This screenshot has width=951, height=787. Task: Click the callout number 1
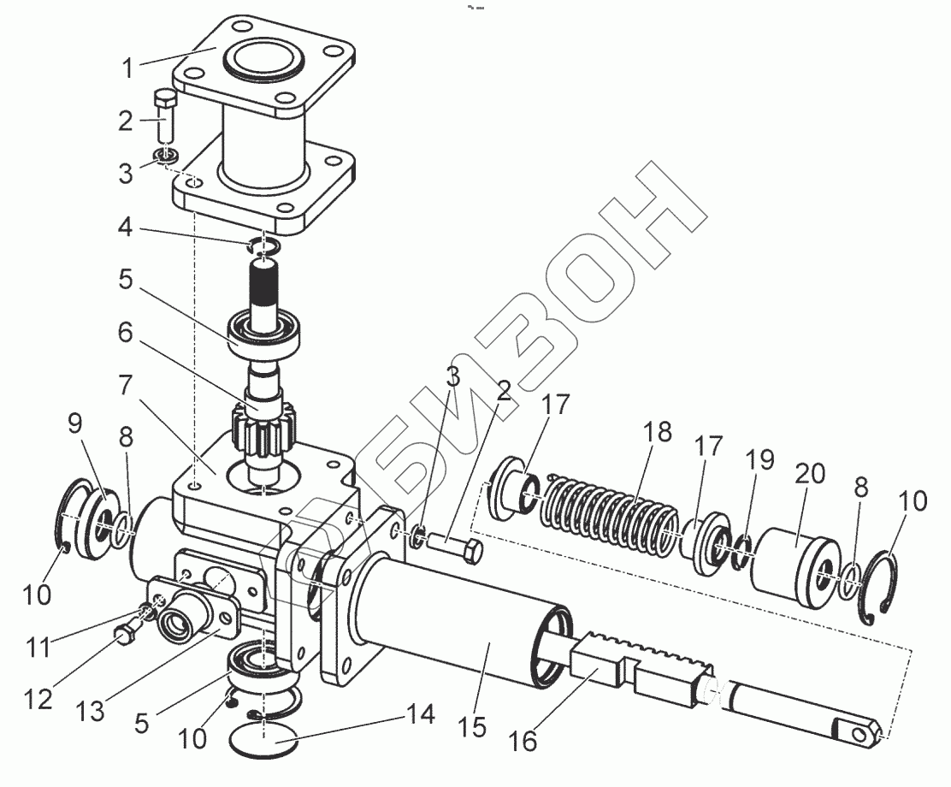[x=127, y=68]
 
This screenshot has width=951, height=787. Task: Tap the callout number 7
[x=126, y=386]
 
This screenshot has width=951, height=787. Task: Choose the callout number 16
[x=524, y=740]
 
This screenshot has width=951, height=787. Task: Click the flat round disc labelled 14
[x=265, y=743]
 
